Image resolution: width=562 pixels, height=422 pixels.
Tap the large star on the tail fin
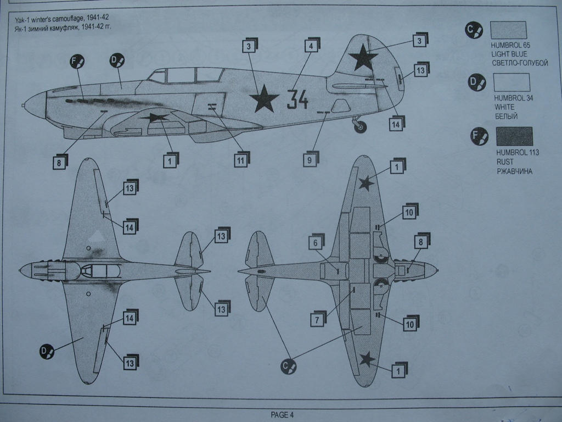363,58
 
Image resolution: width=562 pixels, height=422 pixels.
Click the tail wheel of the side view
360,127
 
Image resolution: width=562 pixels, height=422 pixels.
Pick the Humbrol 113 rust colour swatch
514,136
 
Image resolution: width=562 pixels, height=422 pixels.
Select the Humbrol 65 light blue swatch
508,30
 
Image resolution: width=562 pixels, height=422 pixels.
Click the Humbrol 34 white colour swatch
512,82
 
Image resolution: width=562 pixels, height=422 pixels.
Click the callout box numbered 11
240,160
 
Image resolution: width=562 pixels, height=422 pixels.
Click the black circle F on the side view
77,62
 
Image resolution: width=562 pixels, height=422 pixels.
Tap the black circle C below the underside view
288,367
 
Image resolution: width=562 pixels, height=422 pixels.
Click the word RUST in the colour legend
505,162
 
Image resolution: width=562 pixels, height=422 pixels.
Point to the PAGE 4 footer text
283,415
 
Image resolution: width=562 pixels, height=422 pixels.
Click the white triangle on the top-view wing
97,236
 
